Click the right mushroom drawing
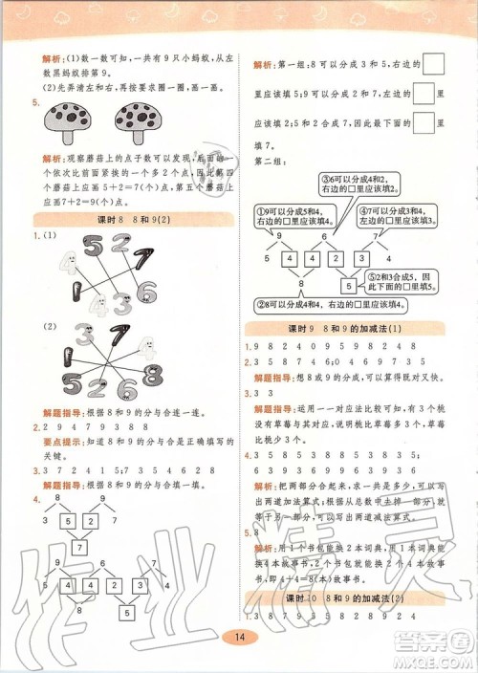pyautogui.click(x=141, y=125)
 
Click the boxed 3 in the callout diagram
pyautogui.click(x=362, y=258)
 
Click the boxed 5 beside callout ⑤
pyautogui.click(x=349, y=286)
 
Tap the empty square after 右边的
pyautogui.click(x=432, y=65)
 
